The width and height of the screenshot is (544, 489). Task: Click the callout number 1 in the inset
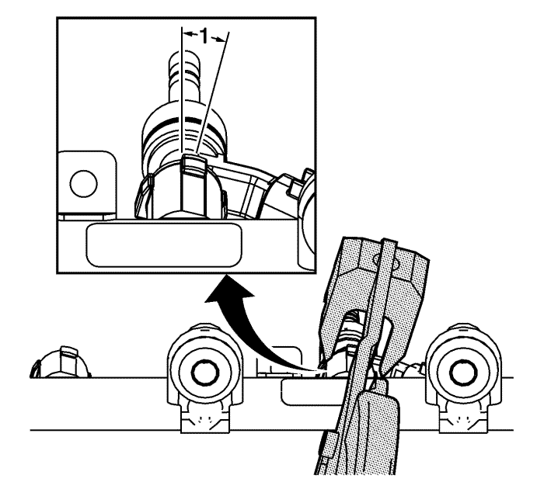pyautogui.click(x=204, y=36)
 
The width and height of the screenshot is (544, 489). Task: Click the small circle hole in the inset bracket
pyautogui.click(x=84, y=183)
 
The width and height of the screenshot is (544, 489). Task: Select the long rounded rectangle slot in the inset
pyautogui.click(x=164, y=245)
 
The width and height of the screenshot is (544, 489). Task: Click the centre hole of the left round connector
pyautogui.click(x=204, y=373)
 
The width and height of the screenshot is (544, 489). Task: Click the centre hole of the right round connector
pyautogui.click(x=463, y=373)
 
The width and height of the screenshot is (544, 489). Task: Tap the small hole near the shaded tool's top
pyautogui.click(x=379, y=259)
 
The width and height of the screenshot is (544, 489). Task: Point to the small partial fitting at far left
pyautogui.click(x=61, y=362)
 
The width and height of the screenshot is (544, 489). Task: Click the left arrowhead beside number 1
pyautogui.click(x=187, y=34)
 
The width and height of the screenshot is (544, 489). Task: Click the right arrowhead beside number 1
pyautogui.click(x=221, y=40)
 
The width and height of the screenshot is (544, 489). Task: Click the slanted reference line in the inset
pyautogui.click(x=212, y=92)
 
